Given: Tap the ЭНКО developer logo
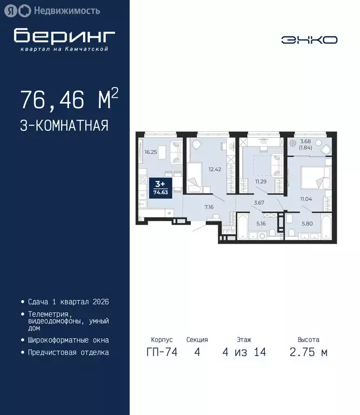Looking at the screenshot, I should tap(309, 39).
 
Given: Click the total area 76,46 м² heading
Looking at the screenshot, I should tap(69, 100).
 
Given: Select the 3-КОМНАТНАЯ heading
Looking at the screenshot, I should tap(64, 125).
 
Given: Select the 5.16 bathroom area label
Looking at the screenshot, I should tap(261, 223).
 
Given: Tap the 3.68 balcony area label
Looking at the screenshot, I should tap(305, 143).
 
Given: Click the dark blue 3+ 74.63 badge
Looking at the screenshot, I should tap(159, 186).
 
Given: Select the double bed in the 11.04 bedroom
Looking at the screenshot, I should tap(315, 176).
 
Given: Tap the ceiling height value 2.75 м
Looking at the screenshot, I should tap(309, 353).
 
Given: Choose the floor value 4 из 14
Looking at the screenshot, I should tap(244, 353).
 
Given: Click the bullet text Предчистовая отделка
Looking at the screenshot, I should tap(68, 352).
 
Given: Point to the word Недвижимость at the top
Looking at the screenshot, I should tap(66, 10).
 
